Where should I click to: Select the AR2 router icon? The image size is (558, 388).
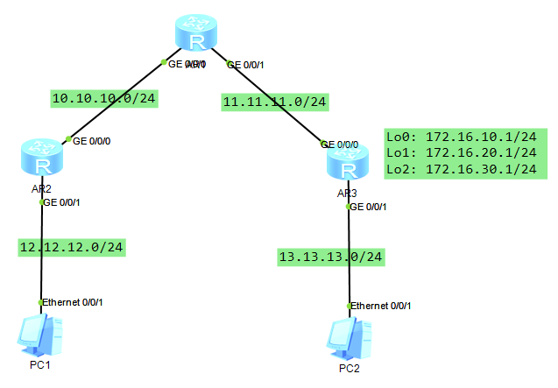click(41, 158)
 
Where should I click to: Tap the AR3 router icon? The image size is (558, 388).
click(348, 163)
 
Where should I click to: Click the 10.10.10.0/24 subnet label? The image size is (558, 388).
click(103, 98)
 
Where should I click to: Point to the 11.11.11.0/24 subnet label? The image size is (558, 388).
click(275, 102)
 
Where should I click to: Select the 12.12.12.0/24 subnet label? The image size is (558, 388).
click(72, 247)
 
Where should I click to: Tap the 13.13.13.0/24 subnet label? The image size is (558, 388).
click(330, 257)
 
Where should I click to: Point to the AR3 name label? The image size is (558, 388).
click(347, 193)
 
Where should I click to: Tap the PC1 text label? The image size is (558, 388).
click(40, 364)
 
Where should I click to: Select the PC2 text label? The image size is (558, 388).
click(349, 368)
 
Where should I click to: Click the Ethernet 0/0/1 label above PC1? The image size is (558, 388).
click(74, 302)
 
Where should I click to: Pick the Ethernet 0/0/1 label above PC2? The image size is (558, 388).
click(382, 306)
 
